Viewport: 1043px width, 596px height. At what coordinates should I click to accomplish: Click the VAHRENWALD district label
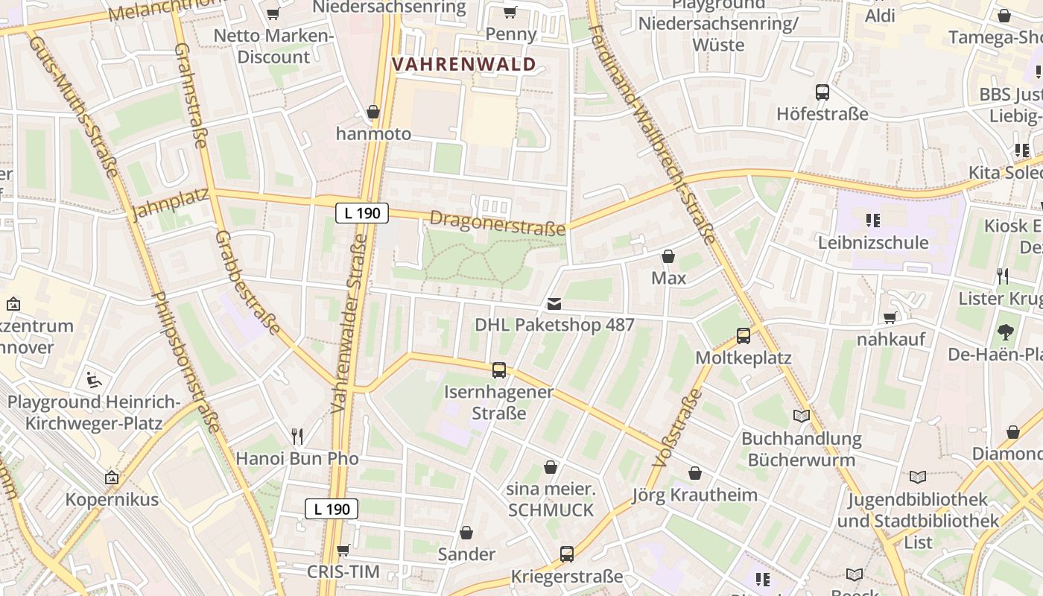pyautogui.click(x=464, y=64)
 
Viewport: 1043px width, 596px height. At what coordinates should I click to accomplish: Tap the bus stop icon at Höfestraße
pyautogui.click(x=822, y=92)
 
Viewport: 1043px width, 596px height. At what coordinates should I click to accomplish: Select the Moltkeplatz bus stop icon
pyautogui.click(x=744, y=336)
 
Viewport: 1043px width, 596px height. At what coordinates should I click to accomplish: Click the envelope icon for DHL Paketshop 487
pyautogui.click(x=554, y=303)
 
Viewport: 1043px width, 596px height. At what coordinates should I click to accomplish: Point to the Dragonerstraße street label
pyautogui.click(x=498, y=223)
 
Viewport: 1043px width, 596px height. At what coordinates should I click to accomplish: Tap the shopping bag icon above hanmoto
pyautogui.click(x=373, y=112)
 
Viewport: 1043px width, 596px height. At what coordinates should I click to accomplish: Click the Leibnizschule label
pyautogui.click(x=873, y=242)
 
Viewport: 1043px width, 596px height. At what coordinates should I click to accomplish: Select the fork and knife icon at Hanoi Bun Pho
pyautogui.click(x=297, y=436)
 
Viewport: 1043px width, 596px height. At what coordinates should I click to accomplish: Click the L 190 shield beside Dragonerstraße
pyautogui.click(x=362, y=213)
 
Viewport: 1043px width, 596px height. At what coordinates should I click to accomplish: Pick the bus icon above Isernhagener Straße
pyautogui.click(x=499, y=370)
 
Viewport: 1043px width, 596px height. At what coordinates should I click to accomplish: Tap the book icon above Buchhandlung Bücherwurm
pyautogui.click(x=802, y=416)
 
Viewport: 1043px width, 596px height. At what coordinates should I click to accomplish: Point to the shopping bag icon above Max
pyautogui.click(x=668, y=256)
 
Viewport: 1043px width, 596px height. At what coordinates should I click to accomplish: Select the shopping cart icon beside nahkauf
pyautogui.click(x=890, y=318)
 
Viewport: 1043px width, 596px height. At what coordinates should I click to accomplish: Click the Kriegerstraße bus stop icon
pyautogui.click(x=567, y=554)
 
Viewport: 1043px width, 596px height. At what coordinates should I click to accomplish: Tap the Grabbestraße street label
pyautogui.click(x=247, y=282)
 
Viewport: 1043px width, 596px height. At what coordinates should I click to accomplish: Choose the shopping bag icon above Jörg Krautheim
pyautogui.click(x=695, y=473)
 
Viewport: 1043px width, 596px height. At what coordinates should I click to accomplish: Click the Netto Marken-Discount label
pyautogui.click(x=273, y=46)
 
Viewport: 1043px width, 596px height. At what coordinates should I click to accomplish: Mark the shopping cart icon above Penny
pyautogui.click(x=510, y=12)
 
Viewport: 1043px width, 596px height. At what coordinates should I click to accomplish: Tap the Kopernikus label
pyautogui.click(x=112, y=499)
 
